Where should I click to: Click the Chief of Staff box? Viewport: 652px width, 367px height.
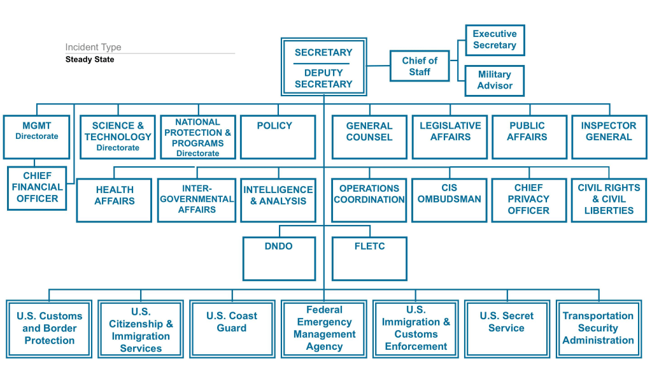coord(420,66)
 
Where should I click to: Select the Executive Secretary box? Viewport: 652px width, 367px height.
coord(495,40)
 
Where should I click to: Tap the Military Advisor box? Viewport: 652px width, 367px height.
coord(495,80)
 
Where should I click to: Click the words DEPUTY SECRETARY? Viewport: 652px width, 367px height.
coord(323,78)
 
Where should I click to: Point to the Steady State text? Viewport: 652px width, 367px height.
coord(90,60)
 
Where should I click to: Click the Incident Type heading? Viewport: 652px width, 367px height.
coord(93,47)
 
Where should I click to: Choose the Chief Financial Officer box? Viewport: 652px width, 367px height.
coord(36,187)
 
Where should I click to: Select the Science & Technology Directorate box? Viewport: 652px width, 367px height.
coord(118,136)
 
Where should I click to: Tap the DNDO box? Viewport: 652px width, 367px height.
coord(279,258)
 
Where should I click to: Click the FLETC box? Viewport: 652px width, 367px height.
coord(369,258)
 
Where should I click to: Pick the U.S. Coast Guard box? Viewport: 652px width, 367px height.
coord(232,328)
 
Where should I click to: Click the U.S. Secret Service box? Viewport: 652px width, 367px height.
coord(507,328)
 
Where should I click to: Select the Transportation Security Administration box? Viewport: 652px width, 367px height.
coord(598,328)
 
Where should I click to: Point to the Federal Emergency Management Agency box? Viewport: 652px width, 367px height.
coord(324,328)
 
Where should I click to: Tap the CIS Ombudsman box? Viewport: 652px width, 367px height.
coord(450,199)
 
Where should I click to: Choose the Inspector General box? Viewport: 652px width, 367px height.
coord(609,136)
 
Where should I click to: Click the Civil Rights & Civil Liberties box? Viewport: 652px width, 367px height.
coord(609,199)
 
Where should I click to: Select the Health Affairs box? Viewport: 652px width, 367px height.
coord(115,199)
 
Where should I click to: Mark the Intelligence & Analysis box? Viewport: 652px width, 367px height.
coord(278,199)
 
